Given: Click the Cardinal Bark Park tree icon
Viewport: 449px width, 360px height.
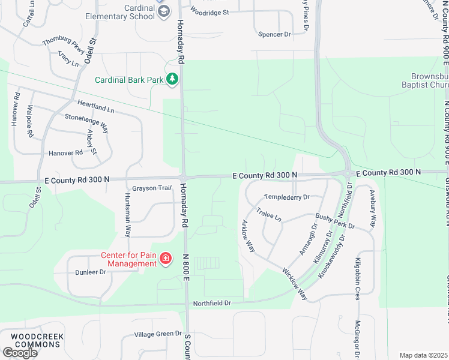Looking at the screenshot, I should click(x=172, y=79).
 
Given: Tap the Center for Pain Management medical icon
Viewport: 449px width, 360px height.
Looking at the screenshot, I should click(x=165, y=259).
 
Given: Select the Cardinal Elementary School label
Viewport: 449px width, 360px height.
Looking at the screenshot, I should click(x=125, y=12).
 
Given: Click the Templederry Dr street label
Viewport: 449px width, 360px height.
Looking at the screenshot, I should click(x=287, y=197).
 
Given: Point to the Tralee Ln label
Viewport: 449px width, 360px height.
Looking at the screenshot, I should click(x=269, y=214).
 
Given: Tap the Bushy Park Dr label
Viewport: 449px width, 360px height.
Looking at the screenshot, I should click(x=335, y=221).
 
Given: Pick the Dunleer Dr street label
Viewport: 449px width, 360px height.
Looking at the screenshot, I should click(x=91, y=272).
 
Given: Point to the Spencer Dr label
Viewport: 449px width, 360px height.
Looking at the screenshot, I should click(x=274, y=34).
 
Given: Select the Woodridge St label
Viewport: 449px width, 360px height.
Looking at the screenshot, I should click(x=209, y=11).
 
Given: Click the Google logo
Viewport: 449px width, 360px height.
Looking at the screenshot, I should click(x=20, y=353).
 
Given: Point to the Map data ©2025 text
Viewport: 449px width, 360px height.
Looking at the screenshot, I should click(x=423, y=355).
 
